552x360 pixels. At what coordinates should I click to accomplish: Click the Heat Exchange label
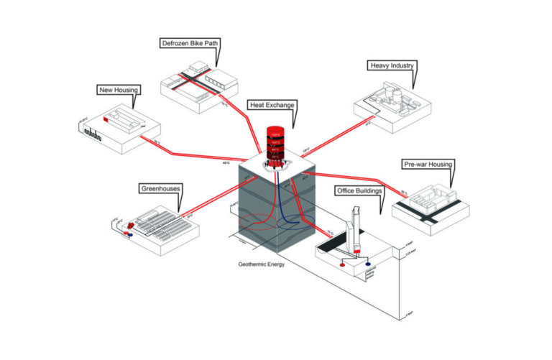[272, 105]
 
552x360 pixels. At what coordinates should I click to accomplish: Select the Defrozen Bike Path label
[189, 44]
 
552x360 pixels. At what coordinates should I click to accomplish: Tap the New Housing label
[118, 90]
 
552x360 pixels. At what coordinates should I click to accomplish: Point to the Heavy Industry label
[392, 65]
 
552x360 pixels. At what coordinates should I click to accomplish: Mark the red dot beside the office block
[342, 263]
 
